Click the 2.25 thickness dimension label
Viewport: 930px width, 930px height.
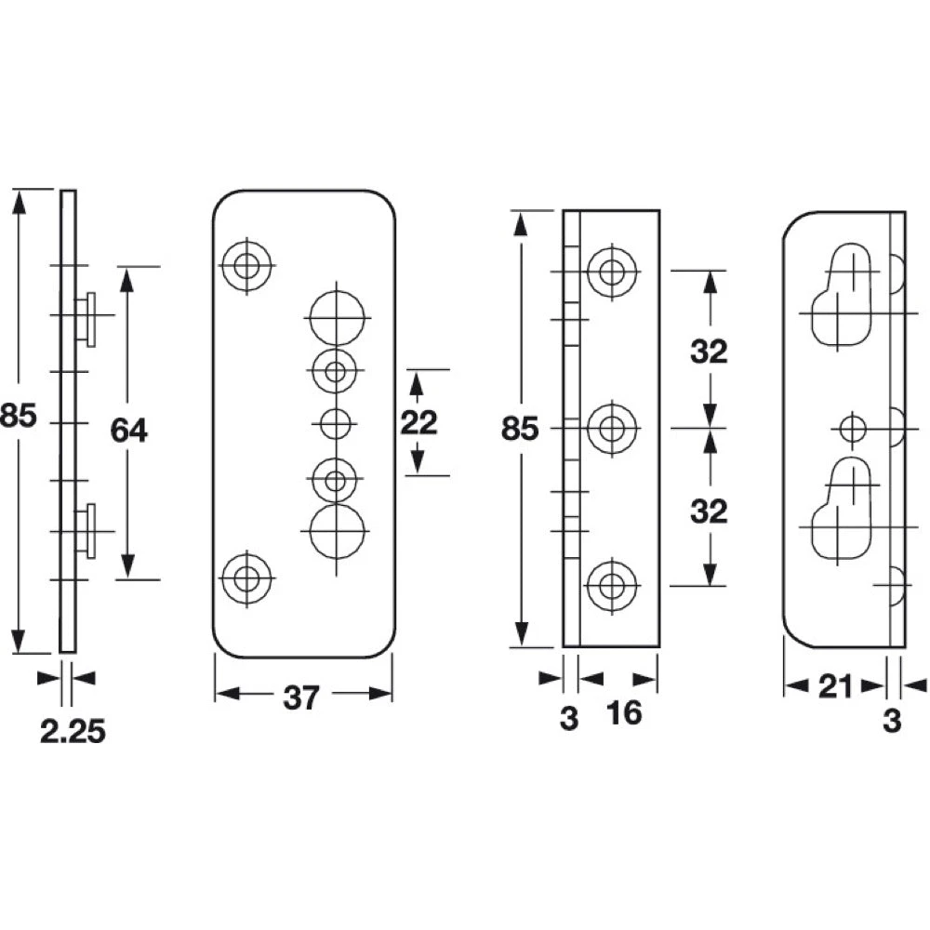click(x=73, y=731)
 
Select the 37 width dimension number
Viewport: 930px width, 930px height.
click(x=301, y=697)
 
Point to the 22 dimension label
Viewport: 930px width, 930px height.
click(x=418, y=422)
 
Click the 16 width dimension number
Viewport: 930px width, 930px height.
click(x=624, y=712)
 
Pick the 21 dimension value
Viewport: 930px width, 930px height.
click(x=835, y=687)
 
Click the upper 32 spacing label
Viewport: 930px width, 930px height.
click(x=709, y=352)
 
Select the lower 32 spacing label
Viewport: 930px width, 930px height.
click(x=709, y=511)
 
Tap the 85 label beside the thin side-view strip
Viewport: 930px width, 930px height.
click(x=18, y=415)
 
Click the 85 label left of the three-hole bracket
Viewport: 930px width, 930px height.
click(x=520, y=428)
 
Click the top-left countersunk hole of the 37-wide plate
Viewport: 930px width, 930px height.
click(x=246, y=265)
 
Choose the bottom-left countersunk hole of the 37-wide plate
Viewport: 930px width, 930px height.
click(x=246, y=578)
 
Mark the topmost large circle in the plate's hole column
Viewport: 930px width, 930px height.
click(x=337, y=317)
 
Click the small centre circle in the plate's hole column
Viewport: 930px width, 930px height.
click(x=335, y=423)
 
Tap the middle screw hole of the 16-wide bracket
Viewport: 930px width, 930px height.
click(x=612, y=428)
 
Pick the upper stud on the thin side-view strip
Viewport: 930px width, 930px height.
click(x=86, y=318)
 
